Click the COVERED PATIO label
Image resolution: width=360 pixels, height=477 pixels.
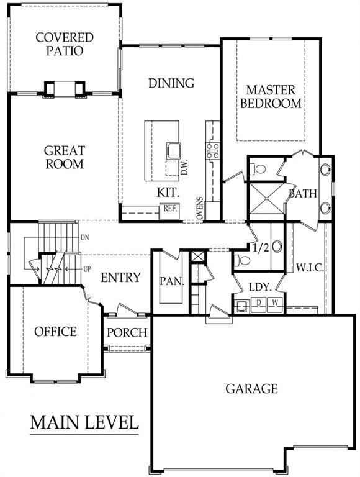click(65, 44)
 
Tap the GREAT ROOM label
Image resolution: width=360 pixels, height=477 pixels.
click(65, 157)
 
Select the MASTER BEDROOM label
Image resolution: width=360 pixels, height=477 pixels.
click(271, 97)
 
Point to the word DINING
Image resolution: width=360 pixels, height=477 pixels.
click(171, 83)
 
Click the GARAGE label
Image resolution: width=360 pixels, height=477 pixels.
click(252, 388)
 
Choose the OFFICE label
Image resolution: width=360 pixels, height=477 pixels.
click(55, 332)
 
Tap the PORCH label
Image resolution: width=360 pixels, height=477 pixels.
click(127, 332)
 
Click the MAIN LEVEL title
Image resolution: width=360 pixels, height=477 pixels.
click(84, 422)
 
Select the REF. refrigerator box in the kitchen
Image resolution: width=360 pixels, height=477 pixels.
click(169, 211)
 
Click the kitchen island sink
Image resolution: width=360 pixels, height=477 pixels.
click(174, 150)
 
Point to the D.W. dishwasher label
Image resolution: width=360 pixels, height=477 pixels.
click(184, 167)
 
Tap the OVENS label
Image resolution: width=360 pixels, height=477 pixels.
click(199, 208)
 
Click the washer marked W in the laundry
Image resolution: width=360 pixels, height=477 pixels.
click(275, 305)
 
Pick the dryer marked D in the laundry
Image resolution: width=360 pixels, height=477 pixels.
click(259, 305)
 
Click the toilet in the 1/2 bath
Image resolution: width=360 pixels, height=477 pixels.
click(242, 260)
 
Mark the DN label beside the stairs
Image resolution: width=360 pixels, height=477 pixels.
click(85, 237)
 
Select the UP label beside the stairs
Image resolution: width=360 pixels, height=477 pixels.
click(87, 269)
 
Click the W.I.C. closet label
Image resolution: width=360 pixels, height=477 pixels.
click(310, 268)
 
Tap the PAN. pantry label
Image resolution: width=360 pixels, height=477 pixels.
click(172, 281)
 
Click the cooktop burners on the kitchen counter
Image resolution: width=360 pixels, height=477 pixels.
click(213, 151)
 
